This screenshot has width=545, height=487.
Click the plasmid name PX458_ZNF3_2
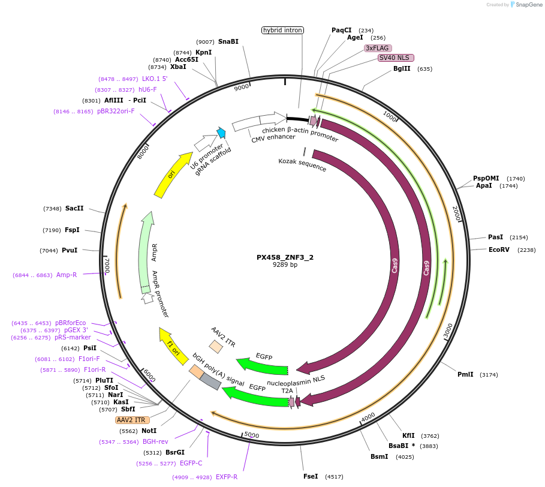pos(285,257)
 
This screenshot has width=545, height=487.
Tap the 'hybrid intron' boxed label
pos(283,30)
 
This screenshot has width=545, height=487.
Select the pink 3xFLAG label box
pos(378,48)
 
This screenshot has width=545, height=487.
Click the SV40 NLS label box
pos(396,58)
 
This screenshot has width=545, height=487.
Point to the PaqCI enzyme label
pos(342,30)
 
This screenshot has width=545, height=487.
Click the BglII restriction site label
pos(402,68)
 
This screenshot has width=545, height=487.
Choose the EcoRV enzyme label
pos(499,249)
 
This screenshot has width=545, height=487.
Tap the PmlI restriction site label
pos(465,374)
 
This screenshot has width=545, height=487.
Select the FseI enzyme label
pos(311,476)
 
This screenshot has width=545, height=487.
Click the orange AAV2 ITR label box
pos(131,420)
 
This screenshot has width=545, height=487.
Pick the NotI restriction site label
pos(149,431)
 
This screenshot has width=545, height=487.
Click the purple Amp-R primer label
pos(67,275)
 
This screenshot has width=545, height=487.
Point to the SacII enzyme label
pos(74,208)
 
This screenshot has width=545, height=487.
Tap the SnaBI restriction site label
pos(228,41)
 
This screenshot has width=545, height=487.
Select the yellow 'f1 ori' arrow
pos(170,344)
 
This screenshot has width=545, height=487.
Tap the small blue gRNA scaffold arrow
pos(221,133)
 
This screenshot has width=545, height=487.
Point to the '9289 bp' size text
pos(285,264)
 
